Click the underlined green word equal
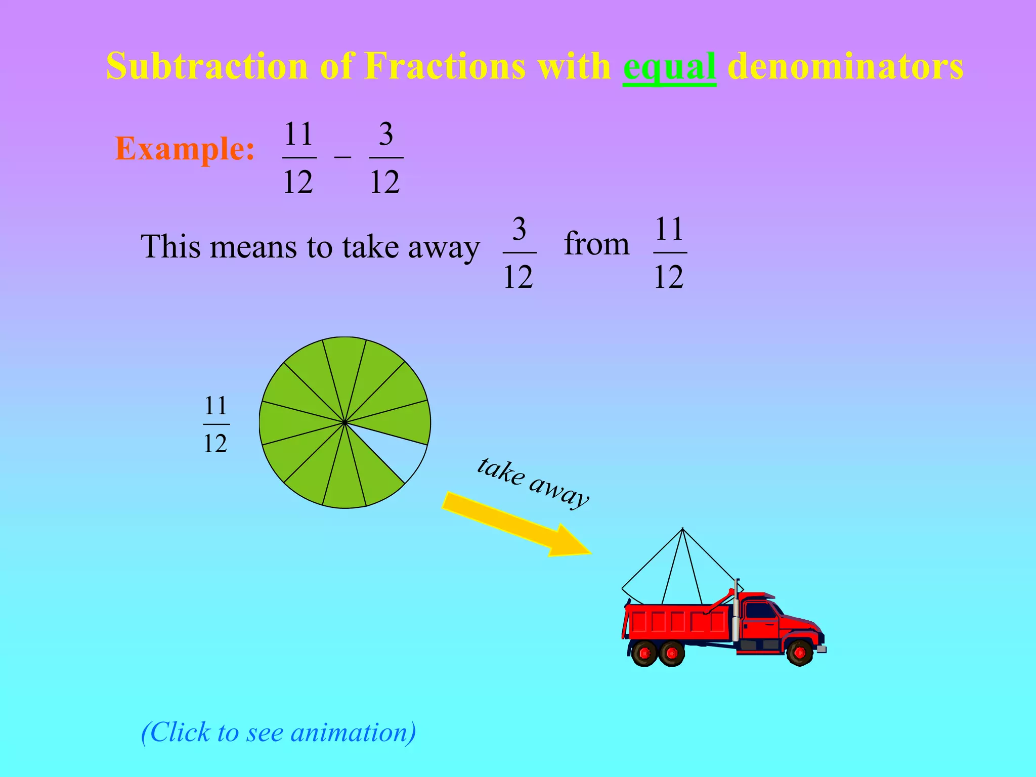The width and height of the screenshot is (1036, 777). (669, 67)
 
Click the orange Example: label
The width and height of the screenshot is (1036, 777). (185, 149)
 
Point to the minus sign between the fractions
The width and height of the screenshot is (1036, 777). (342, 157)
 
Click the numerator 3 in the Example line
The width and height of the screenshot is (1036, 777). (386, 134)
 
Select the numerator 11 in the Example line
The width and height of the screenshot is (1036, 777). (298, 134)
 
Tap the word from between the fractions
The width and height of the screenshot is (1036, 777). (596, 244)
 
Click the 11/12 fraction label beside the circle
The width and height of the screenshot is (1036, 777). (216, 424)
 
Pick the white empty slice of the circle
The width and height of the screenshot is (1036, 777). (405, 455)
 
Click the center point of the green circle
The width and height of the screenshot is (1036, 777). (344, 422)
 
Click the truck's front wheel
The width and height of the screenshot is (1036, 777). (800, 653)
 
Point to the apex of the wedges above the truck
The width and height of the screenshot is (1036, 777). (682, 529)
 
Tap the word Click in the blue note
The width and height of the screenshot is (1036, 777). (180, 732)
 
